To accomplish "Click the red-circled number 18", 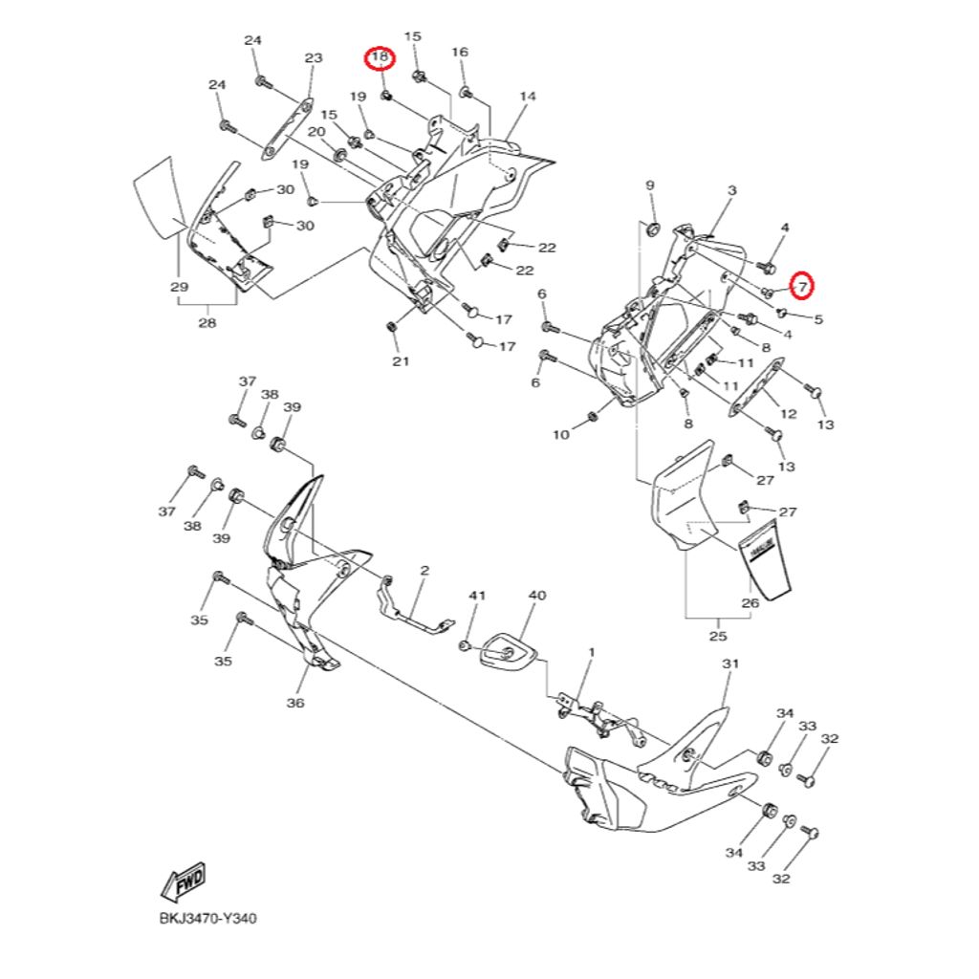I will coord(381,58).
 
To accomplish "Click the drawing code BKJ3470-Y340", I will coord(207,919).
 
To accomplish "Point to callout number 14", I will coord(528,97).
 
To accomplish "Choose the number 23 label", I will coord(314,58).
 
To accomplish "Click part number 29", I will coord(179,287).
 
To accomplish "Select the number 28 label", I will coord(207,322).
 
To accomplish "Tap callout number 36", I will coord(294,703).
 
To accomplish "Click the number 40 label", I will coord(537,596).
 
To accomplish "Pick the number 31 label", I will coord(731,664).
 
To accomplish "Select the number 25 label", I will coord(718,636).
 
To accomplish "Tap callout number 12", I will coord(789,414).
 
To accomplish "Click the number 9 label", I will coord(650,185).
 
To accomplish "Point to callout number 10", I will coord(561,435).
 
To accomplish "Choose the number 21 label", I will coord(401,360).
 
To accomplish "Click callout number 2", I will coord(424,571).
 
